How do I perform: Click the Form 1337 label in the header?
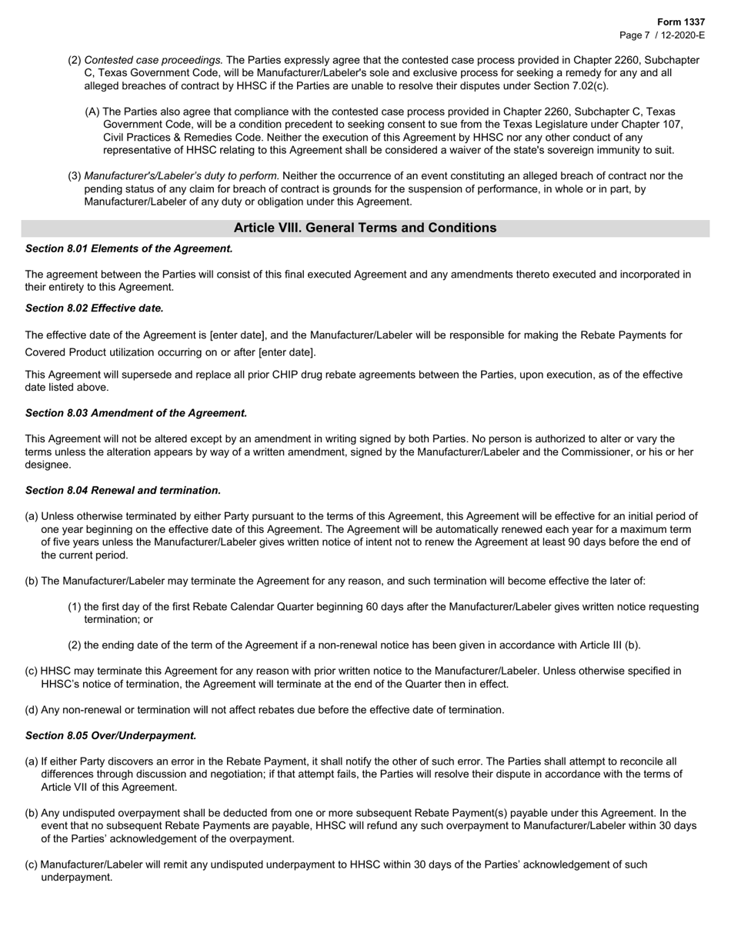[x=681, y=22]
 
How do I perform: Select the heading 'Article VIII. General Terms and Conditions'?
[x=365, y=228]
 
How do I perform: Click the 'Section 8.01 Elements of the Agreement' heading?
[x=129, y=248]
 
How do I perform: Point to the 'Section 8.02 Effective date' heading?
[x=95, y=308]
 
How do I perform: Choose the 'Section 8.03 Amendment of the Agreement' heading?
[x=136, y=413]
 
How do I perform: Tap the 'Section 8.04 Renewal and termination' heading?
[x=123, y=490]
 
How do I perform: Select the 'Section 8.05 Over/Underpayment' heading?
[x=111, y=735]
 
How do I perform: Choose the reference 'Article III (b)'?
[x=603, y=645]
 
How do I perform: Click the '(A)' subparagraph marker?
[x=92, y=112]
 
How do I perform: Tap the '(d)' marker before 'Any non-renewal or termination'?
[x=32, y=710]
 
